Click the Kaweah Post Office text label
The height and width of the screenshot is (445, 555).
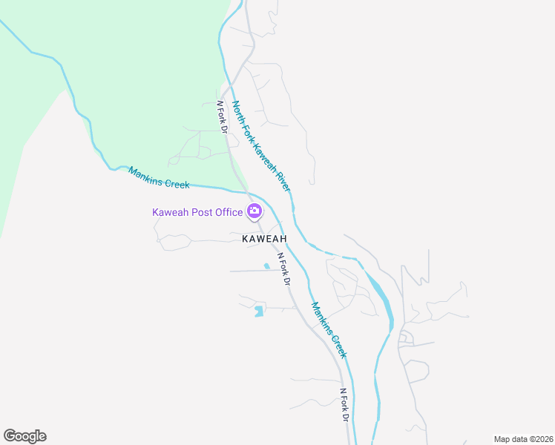click(x=197, y=212)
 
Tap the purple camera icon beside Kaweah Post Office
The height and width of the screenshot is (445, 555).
click(x=254, y=211)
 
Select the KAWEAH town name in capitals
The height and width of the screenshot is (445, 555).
click(x=263, y=239)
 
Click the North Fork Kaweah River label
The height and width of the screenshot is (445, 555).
click(x=260, y=146)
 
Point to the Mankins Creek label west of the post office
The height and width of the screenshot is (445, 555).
click(x=159, y=177)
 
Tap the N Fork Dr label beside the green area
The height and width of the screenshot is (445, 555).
click(x=222, y=117)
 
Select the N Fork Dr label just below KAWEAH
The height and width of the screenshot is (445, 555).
click(x=283, y=270)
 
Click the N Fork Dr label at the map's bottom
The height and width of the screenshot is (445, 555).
click(x=344, y=405)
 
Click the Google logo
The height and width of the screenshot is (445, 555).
click(x=24, y=436)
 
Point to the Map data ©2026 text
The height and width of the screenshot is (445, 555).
click(x=522, y=438)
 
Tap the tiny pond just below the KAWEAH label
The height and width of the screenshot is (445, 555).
click(x=266, y=266)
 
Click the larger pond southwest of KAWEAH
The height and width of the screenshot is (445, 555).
click(x=258, y=311)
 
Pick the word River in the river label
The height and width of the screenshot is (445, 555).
click(x=283, y=181)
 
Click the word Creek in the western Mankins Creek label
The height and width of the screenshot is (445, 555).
click(x=177, y=182)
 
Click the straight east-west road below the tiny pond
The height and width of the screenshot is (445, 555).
click(x=252, y=271)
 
